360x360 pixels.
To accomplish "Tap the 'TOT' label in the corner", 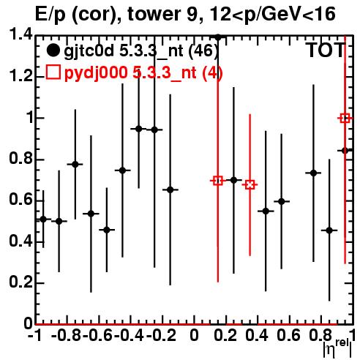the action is point(326,50).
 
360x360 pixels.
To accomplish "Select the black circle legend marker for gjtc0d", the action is point(53,50).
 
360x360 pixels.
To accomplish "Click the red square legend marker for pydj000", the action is point(53,72).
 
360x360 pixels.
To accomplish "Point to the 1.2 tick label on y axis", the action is point(20,76).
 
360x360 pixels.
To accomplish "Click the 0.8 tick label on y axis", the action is point(20,159).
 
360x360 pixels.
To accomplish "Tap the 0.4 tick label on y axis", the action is point(20,241).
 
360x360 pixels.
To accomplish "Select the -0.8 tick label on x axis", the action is point(66,335).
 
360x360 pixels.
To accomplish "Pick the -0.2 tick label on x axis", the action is point(161,335).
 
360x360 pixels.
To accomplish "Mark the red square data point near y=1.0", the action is point(345,119).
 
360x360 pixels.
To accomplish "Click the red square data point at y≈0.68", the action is point(250,185).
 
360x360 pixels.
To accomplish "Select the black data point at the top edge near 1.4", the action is point(218,37).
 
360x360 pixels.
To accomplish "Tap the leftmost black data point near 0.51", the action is point(43,220).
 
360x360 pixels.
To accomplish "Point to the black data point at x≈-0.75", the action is point(75,165).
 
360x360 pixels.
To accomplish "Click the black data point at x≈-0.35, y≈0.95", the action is point(139,129).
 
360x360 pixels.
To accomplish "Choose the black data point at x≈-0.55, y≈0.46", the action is point(107,230).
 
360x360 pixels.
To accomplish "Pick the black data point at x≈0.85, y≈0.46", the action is point(329,230).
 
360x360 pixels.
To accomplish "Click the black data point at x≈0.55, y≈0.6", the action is point(282,201).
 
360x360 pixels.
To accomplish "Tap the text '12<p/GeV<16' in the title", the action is point(272,15).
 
